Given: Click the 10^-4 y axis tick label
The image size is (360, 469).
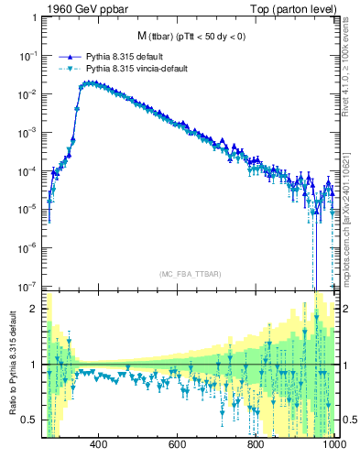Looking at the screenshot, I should (x=27, y=170).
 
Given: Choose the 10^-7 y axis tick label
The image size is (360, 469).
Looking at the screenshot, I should (x=27, y=285).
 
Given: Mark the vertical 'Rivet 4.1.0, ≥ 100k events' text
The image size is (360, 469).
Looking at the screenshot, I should (x=349, y=69).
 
